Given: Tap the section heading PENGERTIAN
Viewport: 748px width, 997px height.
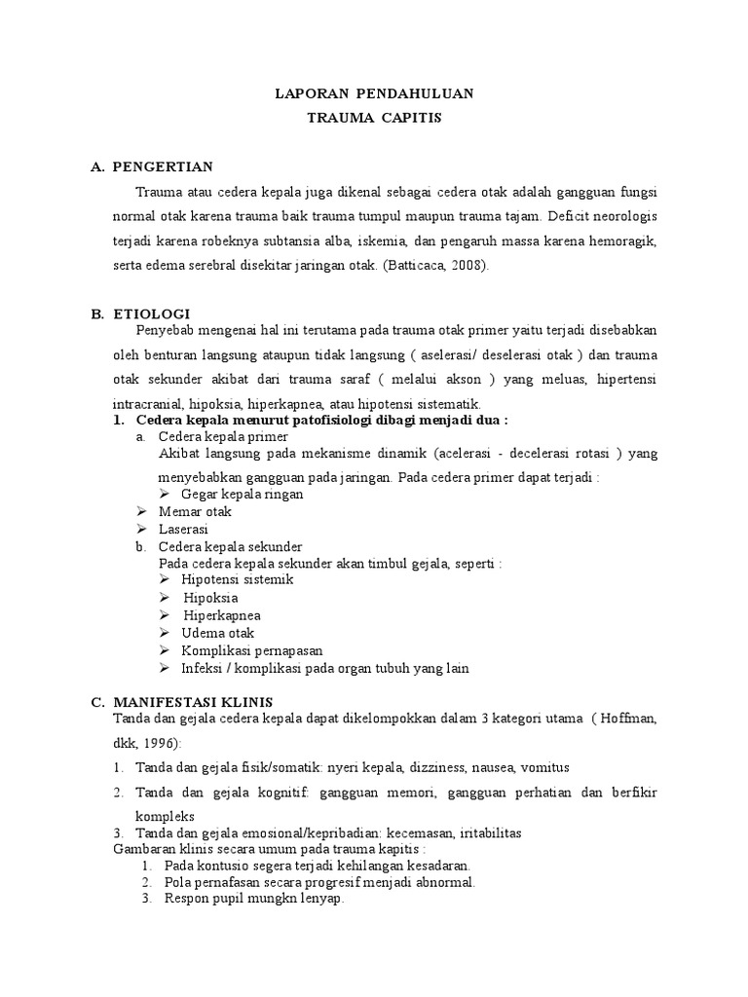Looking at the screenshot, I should pos(163,166).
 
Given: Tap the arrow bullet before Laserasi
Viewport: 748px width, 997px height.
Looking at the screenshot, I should pos(142,529).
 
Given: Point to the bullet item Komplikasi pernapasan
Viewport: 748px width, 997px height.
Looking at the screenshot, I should pos(251,650).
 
